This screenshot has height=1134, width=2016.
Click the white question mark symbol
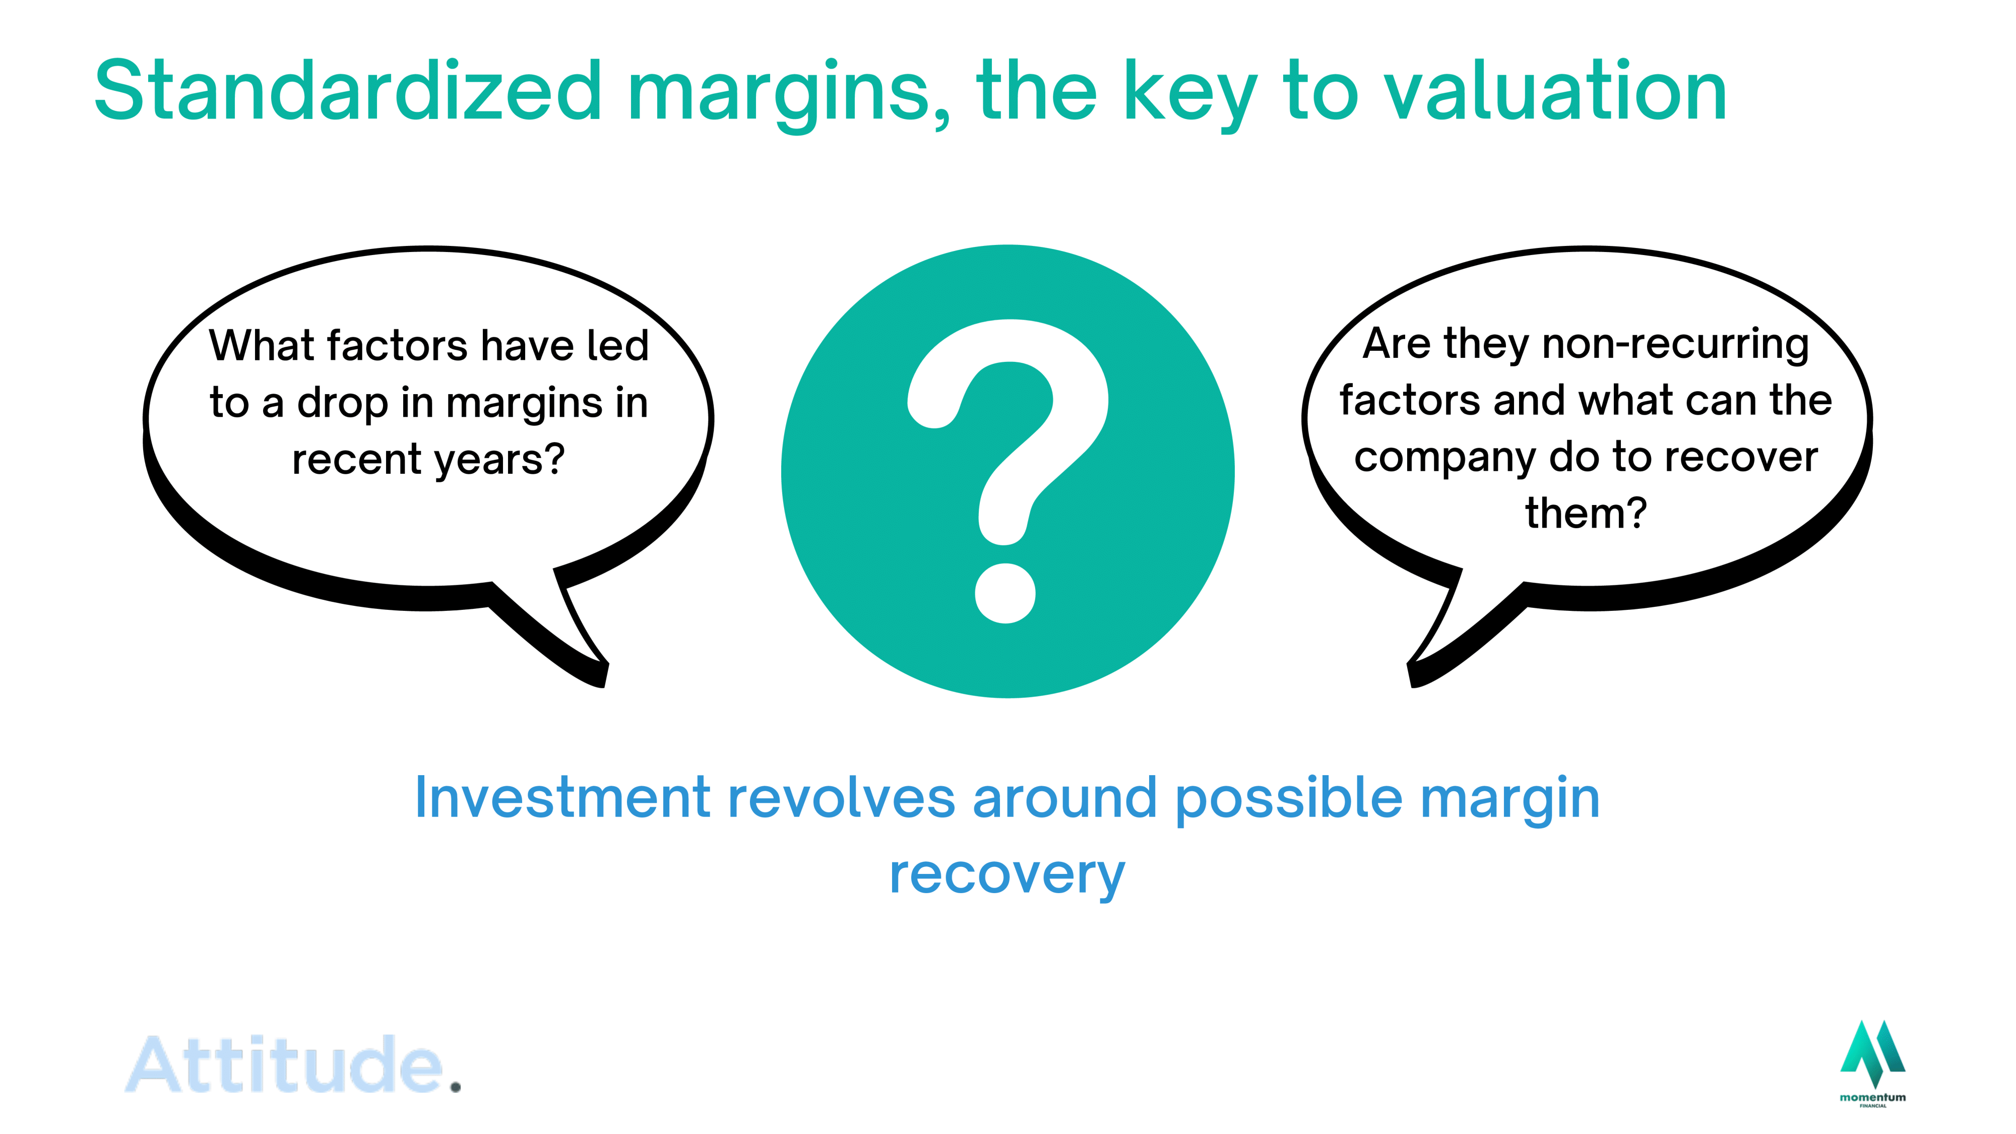pyautogui.click(x=1008, y=470)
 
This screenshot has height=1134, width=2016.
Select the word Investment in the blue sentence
pyautogui.click(x=562, y=799)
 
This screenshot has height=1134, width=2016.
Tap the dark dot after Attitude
pyautogui.click(x=456, y=1087)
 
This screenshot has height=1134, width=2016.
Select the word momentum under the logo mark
pyautogui.click(x=1873, y=1097)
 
